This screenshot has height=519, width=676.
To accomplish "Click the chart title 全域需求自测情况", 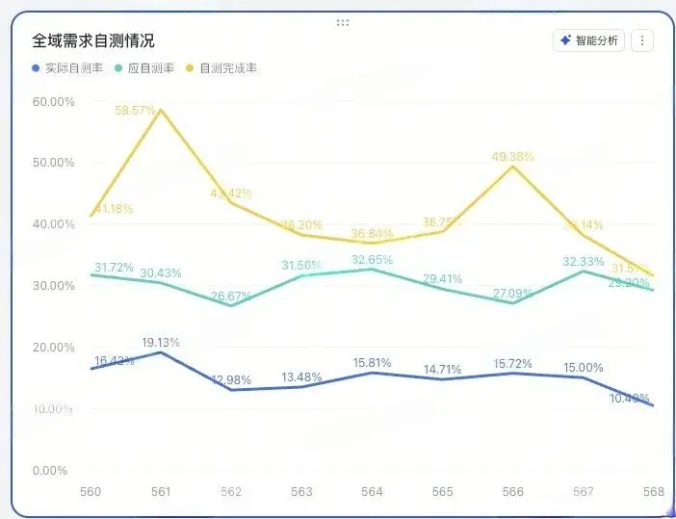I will (x=93, y=40).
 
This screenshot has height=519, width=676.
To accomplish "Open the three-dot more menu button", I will (x=643, y=40).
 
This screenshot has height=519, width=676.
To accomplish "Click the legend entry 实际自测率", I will (x=67, y=68).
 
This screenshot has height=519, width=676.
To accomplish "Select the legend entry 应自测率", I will (x=144, y=68).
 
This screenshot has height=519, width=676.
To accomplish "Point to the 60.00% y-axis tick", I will (x=53, y=101).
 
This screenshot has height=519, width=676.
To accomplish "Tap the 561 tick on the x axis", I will (x=161, y=492).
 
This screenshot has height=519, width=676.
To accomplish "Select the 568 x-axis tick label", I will (x=654, y=492).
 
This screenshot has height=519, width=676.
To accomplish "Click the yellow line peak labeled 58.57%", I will (x=161, y=110).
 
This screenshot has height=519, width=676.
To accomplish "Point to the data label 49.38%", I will (x=513, y=156).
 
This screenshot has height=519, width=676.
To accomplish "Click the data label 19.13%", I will (x=161, y=342).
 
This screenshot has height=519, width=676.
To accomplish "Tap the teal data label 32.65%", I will (x=372, y=259).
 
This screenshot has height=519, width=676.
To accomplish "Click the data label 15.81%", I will (x=372, y=362).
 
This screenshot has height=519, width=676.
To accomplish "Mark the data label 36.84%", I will (x=372, y=233).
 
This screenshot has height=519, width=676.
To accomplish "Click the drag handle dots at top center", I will (x=343, y=21).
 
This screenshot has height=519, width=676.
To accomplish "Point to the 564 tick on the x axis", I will (x=372, y=492).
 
